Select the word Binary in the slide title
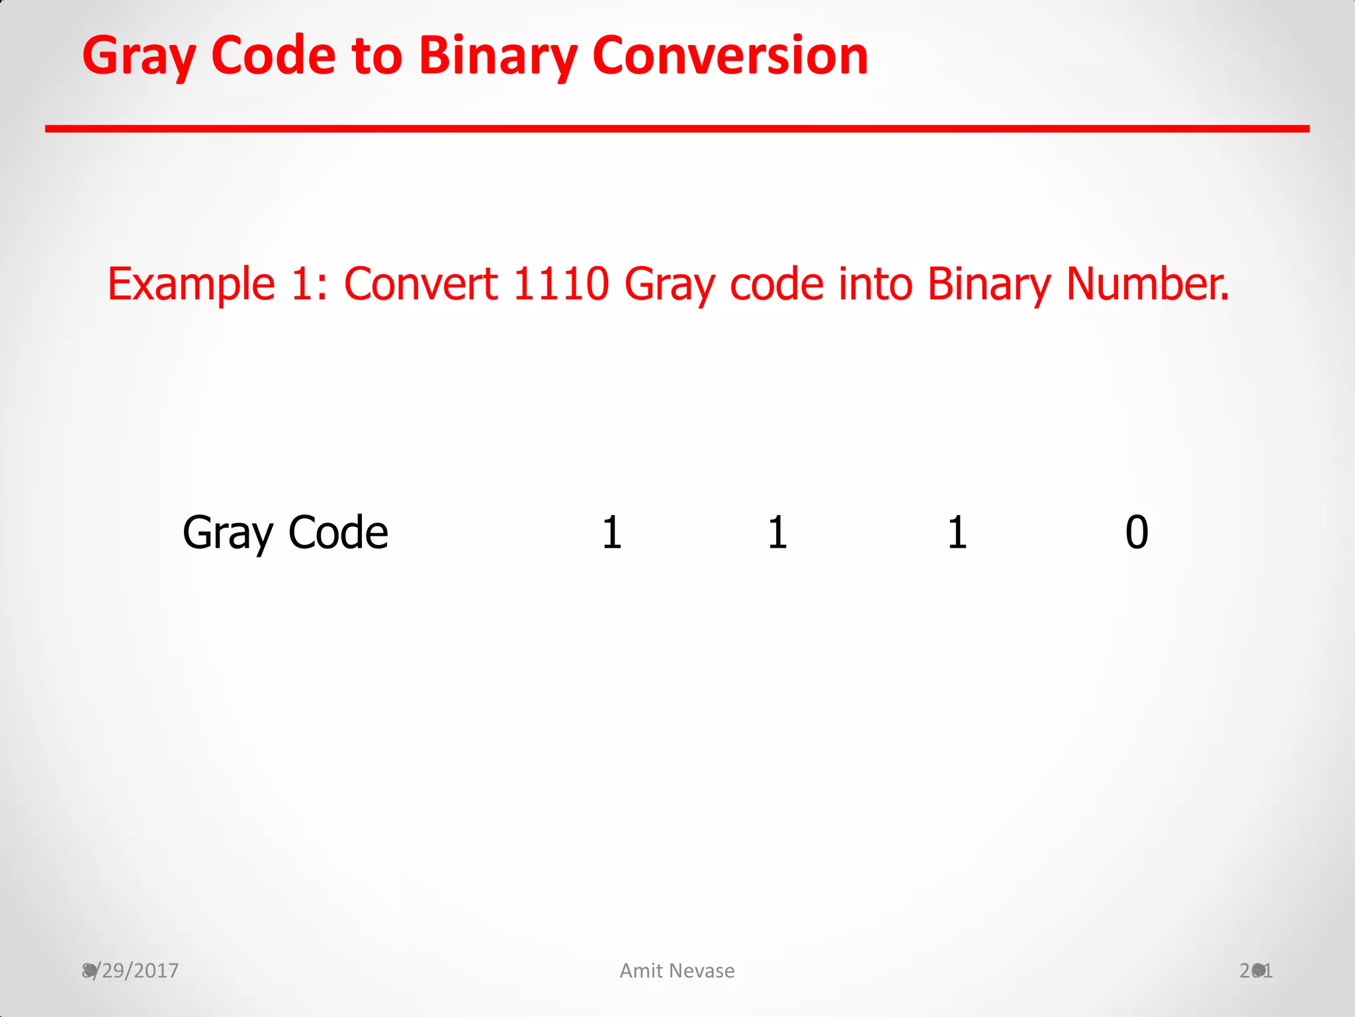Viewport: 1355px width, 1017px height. pyautogui.click(x=498, y=57)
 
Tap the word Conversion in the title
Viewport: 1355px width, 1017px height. pyautogui.click(x=730, y=56)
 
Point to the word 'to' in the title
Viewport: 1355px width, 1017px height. pyautogui.click(x=377, y=56)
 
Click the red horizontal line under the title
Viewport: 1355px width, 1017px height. pyautogui.click(x=677, y=128)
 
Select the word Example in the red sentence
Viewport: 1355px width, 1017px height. pyautogui.click(x=191, y=285)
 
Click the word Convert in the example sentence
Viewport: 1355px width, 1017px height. pyautogui.click(x=421, y=285)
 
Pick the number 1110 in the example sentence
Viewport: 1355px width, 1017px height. pyautogui.click(x=560, y=285)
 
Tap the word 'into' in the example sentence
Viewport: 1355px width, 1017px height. pyautogui.click(x=875, y=285)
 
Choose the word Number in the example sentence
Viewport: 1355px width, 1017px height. pyautogui.click(x=1147, y=285)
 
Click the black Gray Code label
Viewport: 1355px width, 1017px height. pyautogui.click(x=285, y=533)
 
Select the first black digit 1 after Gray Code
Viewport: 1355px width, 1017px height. pyautogui.click(x=612, y=533)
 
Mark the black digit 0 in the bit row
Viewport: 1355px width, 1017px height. pyautogui.click(x=1137, y=533)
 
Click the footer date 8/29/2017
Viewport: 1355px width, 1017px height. pyautogui.click(x=130, y=971)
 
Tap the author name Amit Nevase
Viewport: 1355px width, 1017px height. pyautogui.click(x=677, y=971)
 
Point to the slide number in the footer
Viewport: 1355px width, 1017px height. pyautogui.click(x=1256, y=971)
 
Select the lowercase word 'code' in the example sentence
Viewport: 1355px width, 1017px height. pyautogui.click(x=777, y=285)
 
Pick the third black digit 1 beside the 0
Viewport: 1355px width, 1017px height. pyautogui.click(x=957, y=533)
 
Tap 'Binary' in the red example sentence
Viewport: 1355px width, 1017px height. pyautogui.click(x=988, y=285)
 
